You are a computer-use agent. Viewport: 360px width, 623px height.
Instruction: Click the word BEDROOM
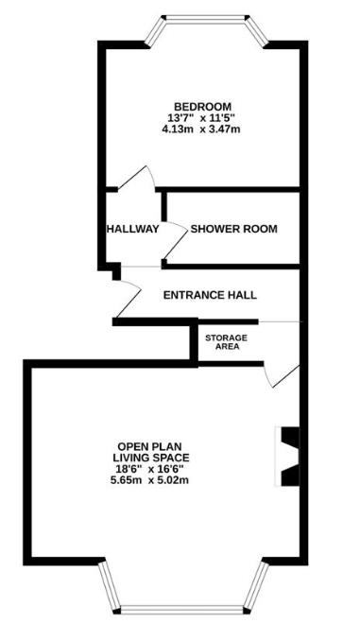203,106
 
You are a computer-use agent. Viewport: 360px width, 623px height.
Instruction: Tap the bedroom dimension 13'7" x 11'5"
203,117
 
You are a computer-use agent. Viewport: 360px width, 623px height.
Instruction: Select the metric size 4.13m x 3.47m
203,129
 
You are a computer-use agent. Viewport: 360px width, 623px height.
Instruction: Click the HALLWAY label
132,229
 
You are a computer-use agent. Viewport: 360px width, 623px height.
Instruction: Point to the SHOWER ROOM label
234,229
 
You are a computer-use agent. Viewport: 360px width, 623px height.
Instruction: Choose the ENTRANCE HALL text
210,295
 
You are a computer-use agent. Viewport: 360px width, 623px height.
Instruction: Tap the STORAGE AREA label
227,342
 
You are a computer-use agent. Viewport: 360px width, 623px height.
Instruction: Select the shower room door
173,242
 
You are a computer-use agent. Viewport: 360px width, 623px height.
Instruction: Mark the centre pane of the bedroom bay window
204,17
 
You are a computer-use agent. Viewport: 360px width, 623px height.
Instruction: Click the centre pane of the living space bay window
179,608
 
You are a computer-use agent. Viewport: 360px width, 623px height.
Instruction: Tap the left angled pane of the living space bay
110,589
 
